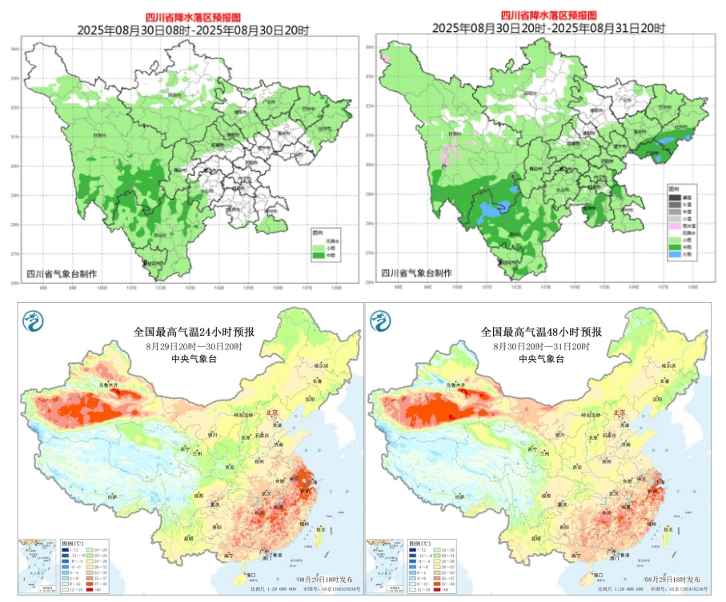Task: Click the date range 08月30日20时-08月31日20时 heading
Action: (548, 27)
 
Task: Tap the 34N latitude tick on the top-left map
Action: (14, 49)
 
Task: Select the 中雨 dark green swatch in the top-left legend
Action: (319, 254)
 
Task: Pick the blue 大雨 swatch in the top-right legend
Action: (676, 254)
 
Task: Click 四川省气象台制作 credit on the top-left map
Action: (62, 273)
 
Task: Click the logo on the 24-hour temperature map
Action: (32, 321)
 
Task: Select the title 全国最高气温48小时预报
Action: (540, 332)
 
